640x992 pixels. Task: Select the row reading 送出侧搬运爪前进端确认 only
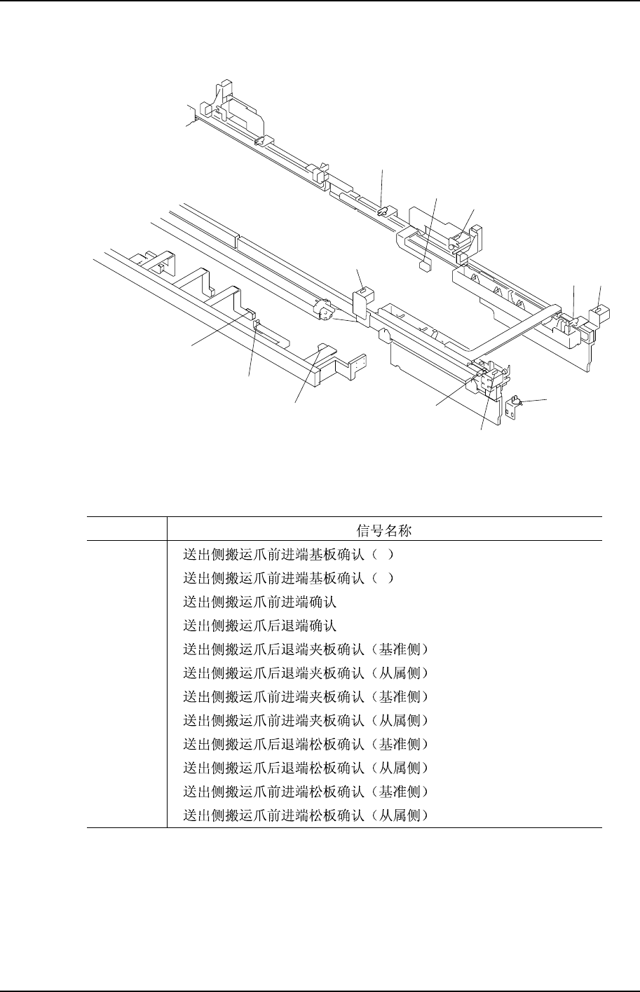click(260, 602)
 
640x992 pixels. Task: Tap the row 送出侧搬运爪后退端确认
click(260, 626)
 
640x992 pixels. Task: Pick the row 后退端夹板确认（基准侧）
click(305, 649)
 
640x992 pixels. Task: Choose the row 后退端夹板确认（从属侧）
click(305, 673)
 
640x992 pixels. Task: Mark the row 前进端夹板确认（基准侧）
click(305, 697)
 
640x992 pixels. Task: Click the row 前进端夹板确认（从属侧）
click(305, 721)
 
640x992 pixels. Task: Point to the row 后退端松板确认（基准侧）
click(305, 745)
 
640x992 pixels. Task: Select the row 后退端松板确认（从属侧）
click(305, 769)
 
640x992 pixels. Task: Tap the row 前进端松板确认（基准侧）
click(305, 792)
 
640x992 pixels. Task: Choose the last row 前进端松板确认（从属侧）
click(305, 816)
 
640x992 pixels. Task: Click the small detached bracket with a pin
click(512, 408)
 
